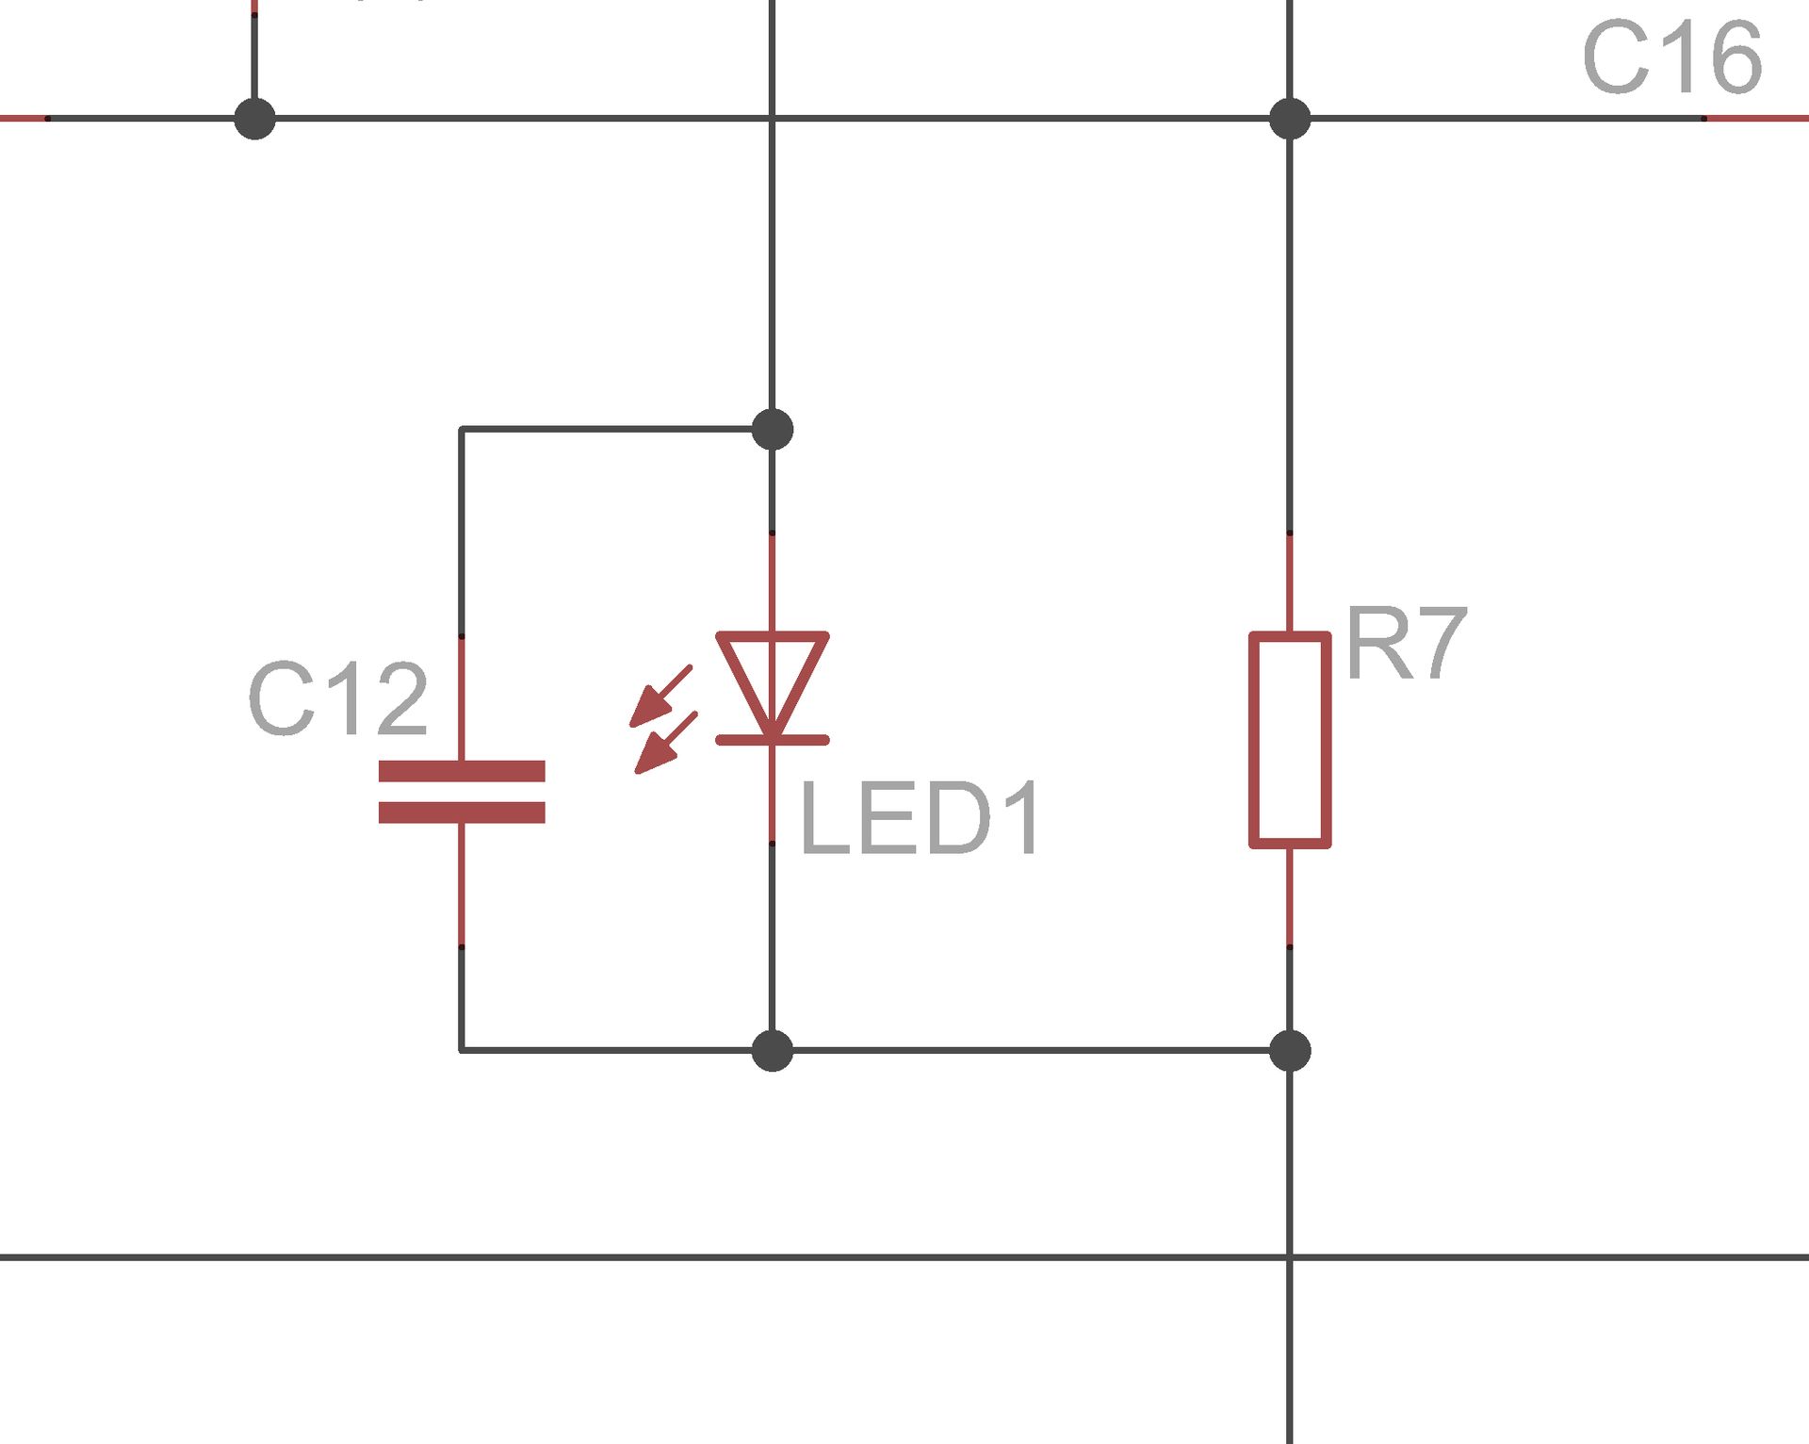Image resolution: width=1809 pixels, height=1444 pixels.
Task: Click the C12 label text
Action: [338, 699]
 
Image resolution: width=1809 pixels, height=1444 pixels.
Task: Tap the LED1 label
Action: [920, 819]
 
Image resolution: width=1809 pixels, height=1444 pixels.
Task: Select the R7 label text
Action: [1406, 645]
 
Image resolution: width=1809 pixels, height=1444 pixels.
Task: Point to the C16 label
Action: [1672, 58]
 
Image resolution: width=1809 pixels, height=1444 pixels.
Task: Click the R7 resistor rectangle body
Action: [1290, 740]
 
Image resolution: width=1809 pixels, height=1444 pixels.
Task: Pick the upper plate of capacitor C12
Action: [462, 771]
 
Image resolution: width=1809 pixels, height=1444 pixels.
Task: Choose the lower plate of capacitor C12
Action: [462, 812]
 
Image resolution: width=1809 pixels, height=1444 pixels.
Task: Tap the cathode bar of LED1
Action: [773, 741]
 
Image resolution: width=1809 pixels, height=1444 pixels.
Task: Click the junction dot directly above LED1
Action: [773, 430]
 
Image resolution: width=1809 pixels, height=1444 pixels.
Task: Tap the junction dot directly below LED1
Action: [773, 1050]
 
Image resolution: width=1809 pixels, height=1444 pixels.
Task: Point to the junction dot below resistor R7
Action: [1290, 1050]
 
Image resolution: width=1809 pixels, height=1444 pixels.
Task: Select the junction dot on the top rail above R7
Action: [1290, 119]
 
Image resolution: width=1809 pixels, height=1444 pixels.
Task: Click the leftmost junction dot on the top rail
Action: [254, 119]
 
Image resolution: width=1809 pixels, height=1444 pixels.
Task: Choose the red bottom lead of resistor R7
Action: [1290, 895]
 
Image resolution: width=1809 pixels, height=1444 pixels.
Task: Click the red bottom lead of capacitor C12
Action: [462, 883]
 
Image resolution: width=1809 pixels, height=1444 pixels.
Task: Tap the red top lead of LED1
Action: [773, 583]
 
